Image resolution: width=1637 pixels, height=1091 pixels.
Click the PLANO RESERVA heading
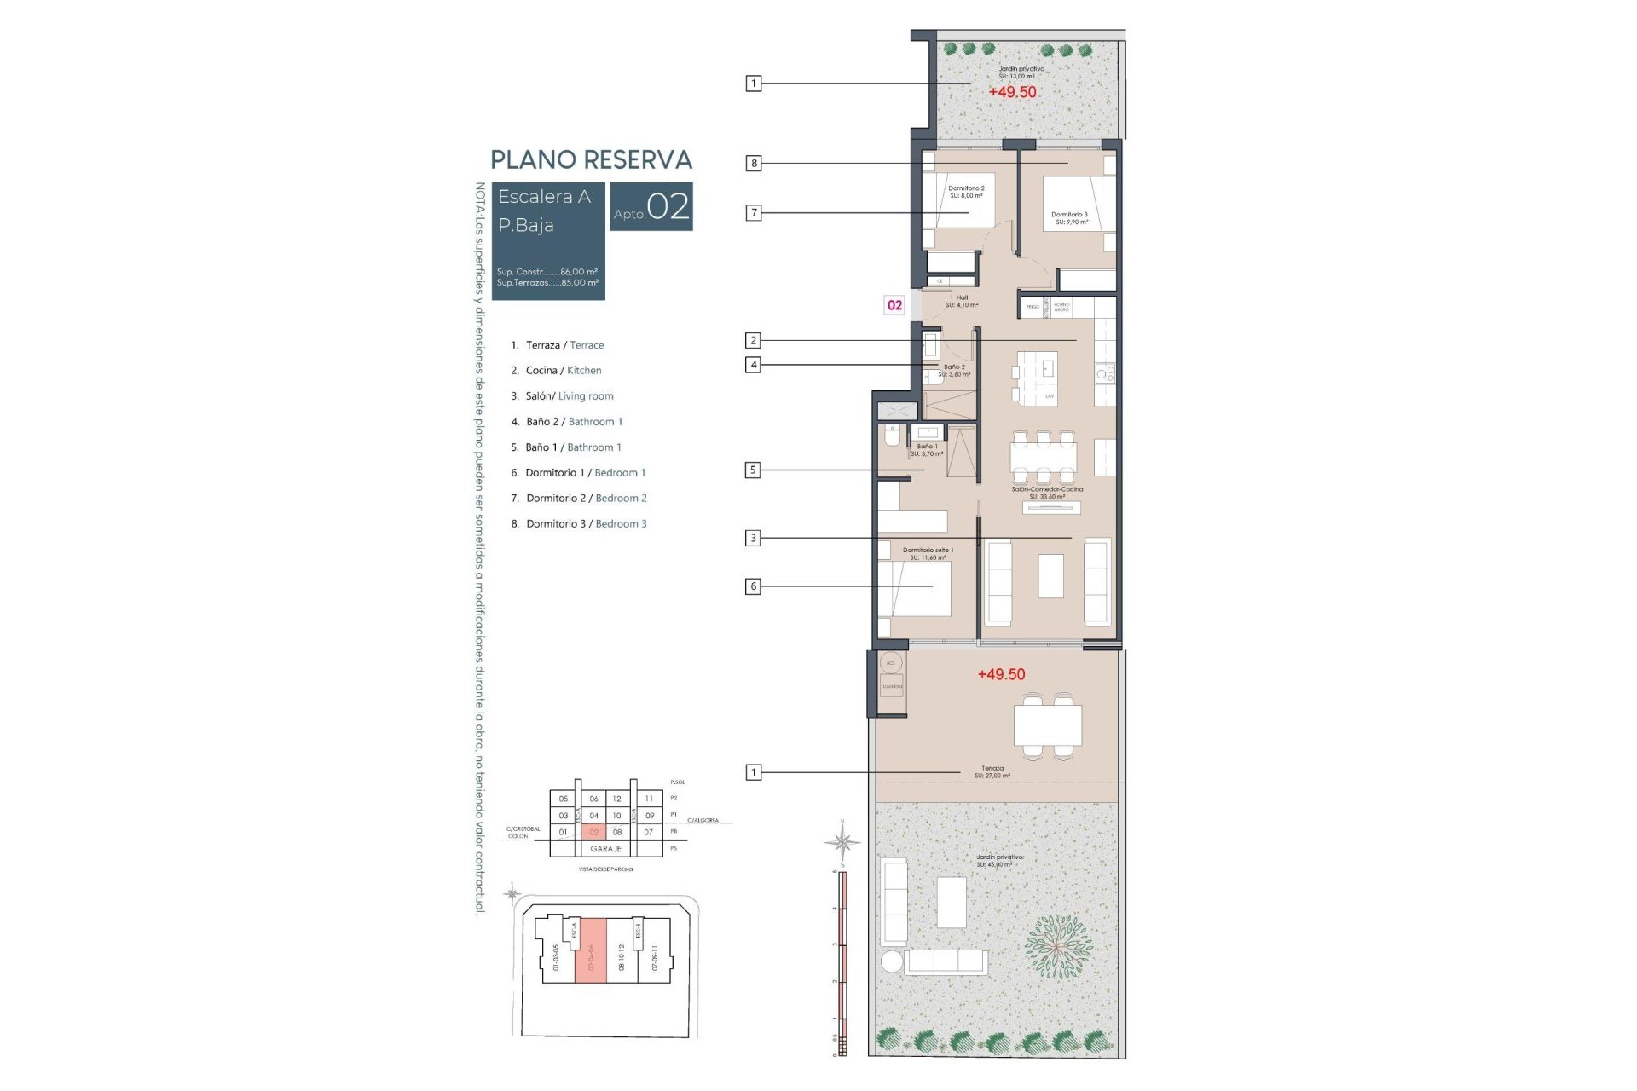(591, 160)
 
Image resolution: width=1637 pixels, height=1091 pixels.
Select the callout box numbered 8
(754, 163)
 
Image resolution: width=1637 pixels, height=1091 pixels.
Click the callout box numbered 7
(754, 213)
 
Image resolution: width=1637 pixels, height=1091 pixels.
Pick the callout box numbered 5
(753, 470)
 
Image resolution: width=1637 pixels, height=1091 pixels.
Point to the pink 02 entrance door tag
(894, 305)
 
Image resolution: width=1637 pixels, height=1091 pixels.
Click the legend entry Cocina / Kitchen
(563, 371)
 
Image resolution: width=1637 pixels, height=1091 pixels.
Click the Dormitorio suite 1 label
(928, 554)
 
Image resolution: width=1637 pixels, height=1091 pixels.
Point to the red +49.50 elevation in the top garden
(1012, 92)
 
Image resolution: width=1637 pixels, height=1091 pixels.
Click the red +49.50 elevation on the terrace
(1001, 674)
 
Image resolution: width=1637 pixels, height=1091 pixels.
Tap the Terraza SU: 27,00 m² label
(992, 772)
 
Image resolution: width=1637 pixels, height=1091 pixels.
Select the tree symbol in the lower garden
(1057, 947)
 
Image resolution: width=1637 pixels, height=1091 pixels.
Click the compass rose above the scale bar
(842, 842)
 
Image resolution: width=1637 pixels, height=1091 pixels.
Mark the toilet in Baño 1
(892, 437)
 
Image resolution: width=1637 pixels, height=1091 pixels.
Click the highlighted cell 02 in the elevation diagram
(594, 832)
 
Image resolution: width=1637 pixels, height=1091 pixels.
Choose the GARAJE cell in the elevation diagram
(606, 849)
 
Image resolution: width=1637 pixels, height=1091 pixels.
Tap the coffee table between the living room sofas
(1050, 576)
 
